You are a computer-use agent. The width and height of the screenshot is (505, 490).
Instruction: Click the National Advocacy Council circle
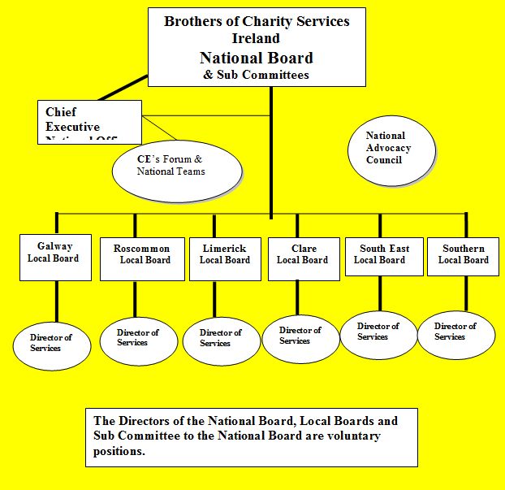388,148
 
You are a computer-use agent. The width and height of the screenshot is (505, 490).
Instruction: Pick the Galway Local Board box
55,257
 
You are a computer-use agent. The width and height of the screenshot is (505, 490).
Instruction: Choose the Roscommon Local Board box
141,258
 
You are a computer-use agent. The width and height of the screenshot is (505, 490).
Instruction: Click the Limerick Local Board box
225,258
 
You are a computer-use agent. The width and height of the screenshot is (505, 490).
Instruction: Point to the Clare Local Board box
302,257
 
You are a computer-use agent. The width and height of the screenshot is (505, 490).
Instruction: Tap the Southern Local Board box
463,257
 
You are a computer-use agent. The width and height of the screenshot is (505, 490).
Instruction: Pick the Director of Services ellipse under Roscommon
138,337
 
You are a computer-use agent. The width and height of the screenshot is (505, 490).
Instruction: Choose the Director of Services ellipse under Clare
300,336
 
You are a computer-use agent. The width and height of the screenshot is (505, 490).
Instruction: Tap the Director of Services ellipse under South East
378,332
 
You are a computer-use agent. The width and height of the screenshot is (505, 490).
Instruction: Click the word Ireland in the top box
256,38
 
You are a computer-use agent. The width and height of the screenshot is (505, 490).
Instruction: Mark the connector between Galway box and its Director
55,301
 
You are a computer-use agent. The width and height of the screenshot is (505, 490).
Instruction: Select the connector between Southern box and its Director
466,295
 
